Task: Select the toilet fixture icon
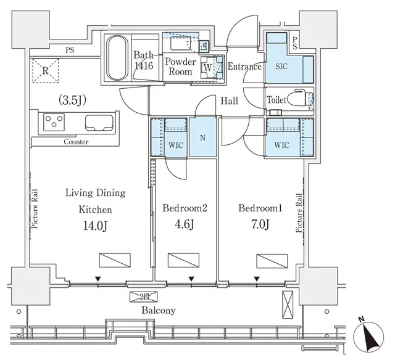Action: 300,99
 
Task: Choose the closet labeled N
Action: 202,138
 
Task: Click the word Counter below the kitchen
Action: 75,142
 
